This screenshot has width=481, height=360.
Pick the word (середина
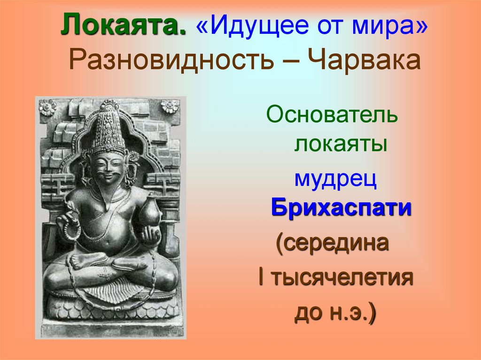(333, 243)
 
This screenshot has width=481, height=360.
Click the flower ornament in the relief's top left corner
(47, 107)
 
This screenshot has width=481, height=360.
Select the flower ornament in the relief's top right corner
(170, 107)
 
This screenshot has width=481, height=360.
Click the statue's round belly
(109, 235)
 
